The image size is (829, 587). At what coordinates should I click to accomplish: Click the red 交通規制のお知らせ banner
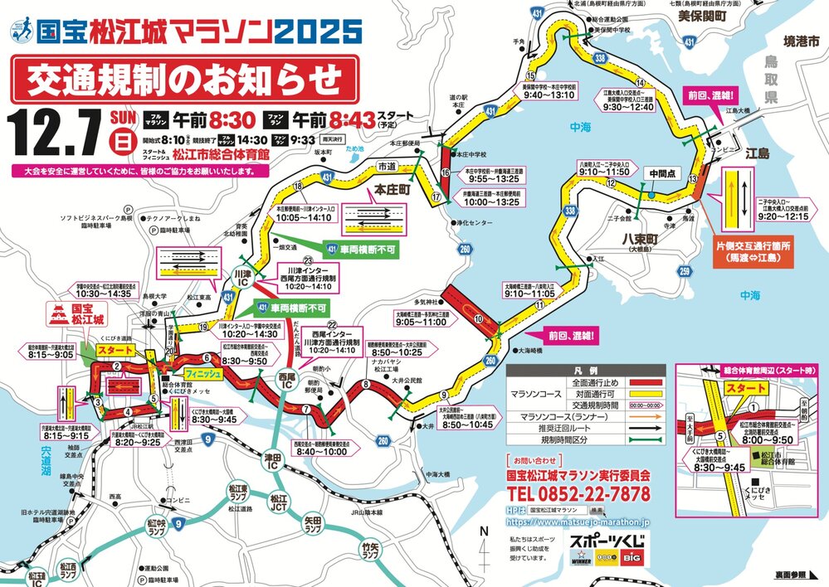[184, 80]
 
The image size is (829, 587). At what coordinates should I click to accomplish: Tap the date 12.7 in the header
[55, 128]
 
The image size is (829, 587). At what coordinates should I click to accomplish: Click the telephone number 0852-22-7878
[578, 494]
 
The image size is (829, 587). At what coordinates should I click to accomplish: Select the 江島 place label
[758, 153]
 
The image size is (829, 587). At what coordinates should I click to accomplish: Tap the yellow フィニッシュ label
[203, 375]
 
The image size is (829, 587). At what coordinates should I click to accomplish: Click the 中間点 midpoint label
[662, 174]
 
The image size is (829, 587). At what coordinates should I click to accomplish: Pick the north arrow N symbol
[485, 531]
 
